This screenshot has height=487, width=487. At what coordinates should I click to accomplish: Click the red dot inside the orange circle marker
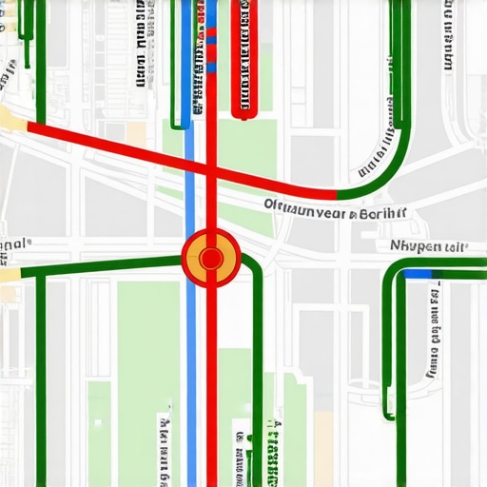click(x=211, y=257)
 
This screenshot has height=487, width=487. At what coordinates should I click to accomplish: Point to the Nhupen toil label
click(x=429, y=246)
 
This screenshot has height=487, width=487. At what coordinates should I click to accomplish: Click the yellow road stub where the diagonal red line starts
click(x=11, y=118)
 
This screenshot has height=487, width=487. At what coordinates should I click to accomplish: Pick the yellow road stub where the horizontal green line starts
click(x=10, y=274)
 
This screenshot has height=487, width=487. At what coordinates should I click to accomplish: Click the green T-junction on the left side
click(x=41, y=271)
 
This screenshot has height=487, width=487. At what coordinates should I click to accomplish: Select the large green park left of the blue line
click(x=147, y=380)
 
